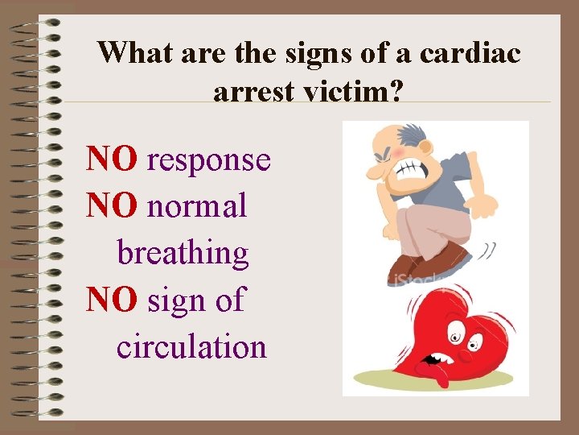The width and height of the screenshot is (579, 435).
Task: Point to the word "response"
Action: [x=209, y=160]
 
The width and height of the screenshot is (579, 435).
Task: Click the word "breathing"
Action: [x=183, y=253]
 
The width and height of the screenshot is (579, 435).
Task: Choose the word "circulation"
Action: [x=191, y=346]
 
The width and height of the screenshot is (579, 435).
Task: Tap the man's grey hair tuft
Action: [x=418, y=133]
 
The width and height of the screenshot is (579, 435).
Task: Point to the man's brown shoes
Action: [x=426, y=263]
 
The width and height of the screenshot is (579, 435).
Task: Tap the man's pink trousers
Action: [x=426, y=226]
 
